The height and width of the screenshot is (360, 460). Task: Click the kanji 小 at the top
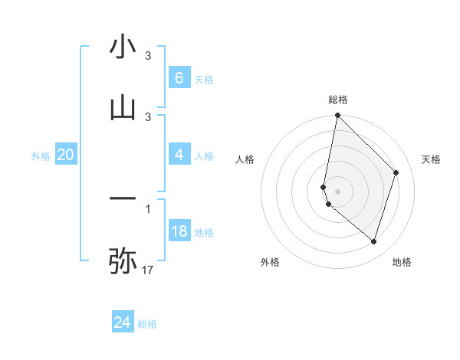[123, 48]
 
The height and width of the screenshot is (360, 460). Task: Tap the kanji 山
[123, 108]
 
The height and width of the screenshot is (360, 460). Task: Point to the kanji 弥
[123, 260]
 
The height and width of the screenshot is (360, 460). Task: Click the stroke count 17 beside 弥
[148, 270]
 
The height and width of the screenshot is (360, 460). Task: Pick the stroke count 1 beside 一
[148, 208]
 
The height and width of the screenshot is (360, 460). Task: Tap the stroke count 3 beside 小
[148, 56]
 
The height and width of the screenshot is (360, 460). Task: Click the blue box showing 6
[179, 77]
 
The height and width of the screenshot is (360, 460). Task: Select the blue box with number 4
[179, 155]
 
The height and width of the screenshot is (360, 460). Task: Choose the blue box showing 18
[179, 231]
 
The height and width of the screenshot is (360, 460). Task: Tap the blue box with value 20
[65, 155]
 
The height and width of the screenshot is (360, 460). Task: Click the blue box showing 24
[122, 322]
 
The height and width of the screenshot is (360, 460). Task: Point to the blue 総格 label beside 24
[147, 324]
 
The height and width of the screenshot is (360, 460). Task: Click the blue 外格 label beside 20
[41, 156]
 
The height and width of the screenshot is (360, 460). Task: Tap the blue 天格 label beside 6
[204, 79]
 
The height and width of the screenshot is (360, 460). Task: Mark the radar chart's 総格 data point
[337, 115]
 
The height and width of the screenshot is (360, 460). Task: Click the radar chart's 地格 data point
[373, 241]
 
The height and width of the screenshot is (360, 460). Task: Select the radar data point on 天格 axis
[396, 172]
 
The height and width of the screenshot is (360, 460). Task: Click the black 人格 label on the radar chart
[245, 159]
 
